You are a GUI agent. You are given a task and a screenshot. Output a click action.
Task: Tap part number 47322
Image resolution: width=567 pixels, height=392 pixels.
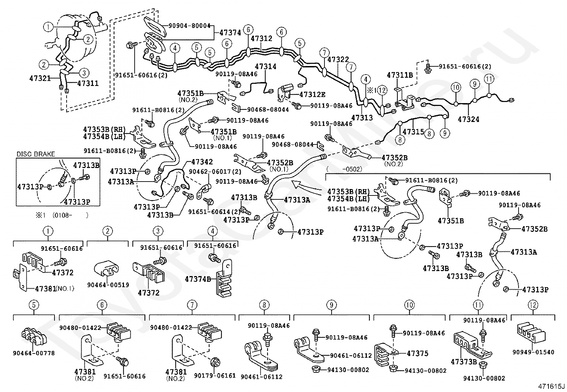(x=338, y=60)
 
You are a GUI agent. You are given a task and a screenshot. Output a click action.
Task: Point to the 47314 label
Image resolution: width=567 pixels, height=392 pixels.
(x=265, y=67)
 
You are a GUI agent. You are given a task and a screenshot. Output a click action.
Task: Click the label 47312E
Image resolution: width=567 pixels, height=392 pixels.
(x=312, y=95)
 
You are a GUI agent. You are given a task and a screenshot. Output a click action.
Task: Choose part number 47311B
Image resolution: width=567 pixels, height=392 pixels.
(x=400, y=75)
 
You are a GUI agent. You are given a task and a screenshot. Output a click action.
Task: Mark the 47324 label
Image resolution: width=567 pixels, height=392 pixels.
(x=469, y=119)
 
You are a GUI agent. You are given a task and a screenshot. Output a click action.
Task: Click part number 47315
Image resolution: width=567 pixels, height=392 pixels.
(x=413, y=132)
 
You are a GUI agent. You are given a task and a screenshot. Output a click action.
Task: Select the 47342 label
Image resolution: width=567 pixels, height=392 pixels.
(x=202, y=162)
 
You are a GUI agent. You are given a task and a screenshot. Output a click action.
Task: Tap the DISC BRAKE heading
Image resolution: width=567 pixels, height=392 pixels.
(x=36, y=154)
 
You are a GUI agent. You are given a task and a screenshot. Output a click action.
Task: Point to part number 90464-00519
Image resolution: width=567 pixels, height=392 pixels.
(x=108, y=285)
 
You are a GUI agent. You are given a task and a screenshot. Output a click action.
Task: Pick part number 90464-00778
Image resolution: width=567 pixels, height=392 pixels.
(x=34, y=353)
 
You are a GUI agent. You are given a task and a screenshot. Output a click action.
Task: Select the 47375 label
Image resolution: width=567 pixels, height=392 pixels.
(x=417, y=353)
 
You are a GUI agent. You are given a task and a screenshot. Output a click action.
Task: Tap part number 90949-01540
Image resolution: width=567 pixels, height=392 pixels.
(x=533, y=352)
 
